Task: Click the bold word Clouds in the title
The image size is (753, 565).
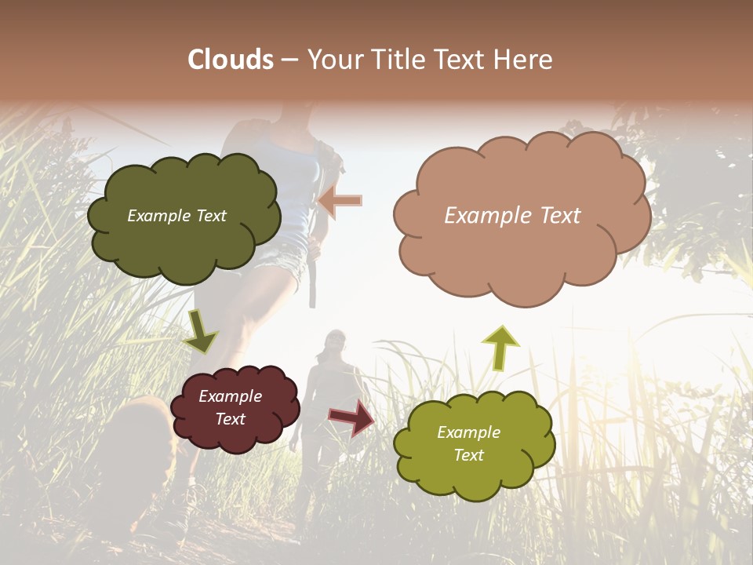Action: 231,60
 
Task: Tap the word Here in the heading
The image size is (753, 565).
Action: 522,60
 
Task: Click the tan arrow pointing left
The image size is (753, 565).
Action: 340,201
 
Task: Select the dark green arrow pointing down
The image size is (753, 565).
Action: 200,333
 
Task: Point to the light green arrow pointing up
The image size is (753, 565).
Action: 500,347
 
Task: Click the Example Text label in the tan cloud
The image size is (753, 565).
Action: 512,216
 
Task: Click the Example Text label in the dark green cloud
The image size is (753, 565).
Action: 176,216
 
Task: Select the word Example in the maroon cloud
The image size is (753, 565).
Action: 230,396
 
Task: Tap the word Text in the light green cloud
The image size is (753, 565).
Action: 469,455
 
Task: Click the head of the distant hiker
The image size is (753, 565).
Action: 336,341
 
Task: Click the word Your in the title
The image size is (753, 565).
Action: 332,60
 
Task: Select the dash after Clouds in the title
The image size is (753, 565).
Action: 289,60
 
